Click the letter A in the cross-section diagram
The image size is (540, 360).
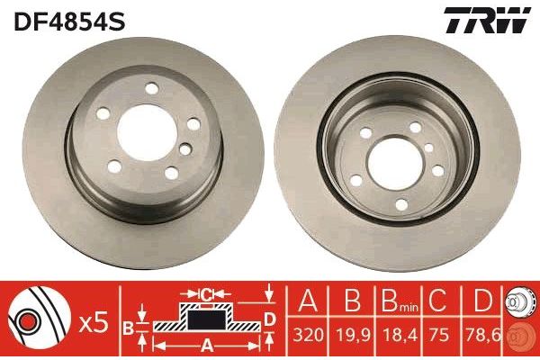tap(205, 343)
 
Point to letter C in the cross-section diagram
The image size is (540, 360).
tap(206, 292)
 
